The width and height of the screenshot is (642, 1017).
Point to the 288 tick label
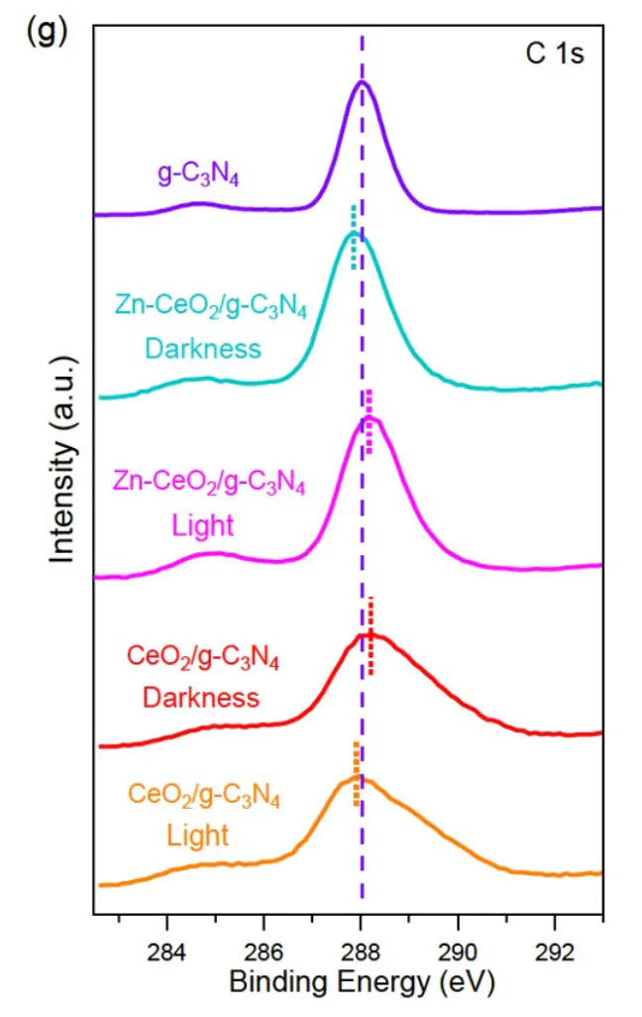point(361,952)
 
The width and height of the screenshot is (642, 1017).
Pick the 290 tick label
point(458,952)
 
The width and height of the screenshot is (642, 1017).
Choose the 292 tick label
point(555,952)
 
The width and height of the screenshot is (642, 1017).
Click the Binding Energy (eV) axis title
point(361,983)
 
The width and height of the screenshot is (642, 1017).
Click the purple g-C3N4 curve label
point(199,174)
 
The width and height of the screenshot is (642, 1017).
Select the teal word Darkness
point(203,348)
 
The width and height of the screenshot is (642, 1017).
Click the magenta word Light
point(203,524)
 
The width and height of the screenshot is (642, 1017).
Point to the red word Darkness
point(201,697)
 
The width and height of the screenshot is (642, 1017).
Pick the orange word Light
point(198,835)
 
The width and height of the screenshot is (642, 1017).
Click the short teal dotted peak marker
point(353,236)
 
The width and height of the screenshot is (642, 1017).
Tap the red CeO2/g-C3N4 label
point(203,658)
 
